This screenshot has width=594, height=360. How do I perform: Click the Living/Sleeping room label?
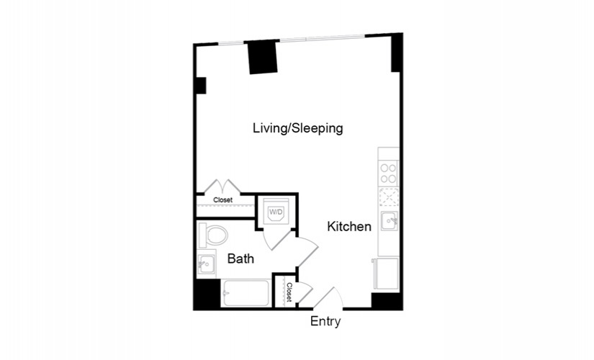coord(298,128)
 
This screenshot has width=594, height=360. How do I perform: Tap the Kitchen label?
coord(349,227)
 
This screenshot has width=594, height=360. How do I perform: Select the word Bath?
coord(240,258)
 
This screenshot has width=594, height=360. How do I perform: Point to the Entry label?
coord(325,321)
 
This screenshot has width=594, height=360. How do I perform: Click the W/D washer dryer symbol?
coord(276,212)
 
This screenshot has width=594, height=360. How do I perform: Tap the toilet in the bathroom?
coord(213,235)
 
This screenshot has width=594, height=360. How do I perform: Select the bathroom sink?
coord(206,263)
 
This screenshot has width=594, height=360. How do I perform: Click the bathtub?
coord(246,293)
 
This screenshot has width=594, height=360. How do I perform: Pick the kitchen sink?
coord(389,220)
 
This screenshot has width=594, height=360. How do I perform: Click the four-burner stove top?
coord(388,173)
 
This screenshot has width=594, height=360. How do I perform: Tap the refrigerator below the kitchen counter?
coord(385,274)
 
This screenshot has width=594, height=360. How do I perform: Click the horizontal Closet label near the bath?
coord(222,199)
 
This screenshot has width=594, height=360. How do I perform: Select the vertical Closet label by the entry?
coord(289,292)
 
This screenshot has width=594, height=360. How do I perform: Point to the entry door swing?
coord(329,298)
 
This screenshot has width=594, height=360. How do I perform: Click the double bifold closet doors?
coord(222,186)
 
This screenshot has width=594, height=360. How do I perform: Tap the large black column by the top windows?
coord(263,57)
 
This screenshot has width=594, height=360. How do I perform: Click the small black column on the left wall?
coord(200,86)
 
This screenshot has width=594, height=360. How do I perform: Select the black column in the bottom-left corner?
coord(207,294)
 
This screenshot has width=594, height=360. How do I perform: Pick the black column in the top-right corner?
coord(396,53)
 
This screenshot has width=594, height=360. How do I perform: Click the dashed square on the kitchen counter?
coord(389,197)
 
